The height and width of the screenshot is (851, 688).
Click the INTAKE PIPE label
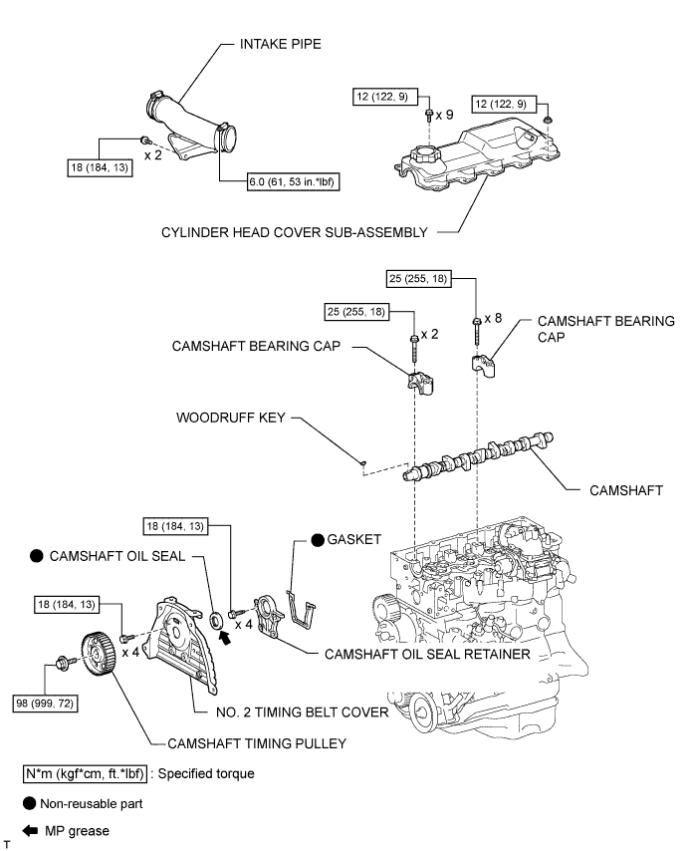281,44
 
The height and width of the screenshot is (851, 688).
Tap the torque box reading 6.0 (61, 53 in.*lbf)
293,181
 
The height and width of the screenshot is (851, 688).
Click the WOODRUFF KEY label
230,418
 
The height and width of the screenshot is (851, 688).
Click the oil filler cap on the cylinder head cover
421,154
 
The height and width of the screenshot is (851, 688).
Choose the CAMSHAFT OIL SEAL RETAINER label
427,654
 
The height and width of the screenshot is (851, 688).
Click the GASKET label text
354,539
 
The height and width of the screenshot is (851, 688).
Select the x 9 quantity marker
445,115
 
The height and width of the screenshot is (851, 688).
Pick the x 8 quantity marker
493,319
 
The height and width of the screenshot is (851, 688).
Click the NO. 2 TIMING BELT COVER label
302,712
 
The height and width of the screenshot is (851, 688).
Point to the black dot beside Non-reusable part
30,804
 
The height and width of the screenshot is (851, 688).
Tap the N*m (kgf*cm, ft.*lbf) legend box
85,773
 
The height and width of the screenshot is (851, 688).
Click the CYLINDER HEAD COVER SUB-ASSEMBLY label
295,232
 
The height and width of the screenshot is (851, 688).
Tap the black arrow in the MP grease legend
30,831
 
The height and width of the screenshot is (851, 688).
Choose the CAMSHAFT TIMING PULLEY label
257,743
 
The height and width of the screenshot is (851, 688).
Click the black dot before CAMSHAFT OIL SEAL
36,556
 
